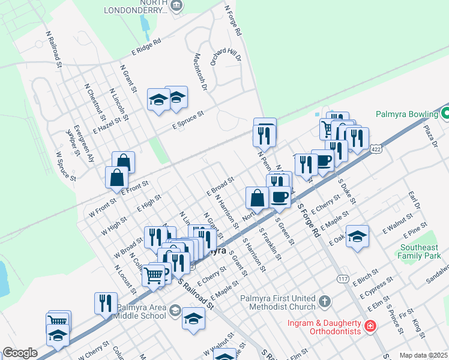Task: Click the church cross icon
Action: (324, 301)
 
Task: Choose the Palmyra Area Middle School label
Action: (140, 311)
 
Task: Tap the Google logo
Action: (20, 353)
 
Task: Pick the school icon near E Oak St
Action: (357, 236)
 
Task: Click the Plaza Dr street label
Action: (431, 136)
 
